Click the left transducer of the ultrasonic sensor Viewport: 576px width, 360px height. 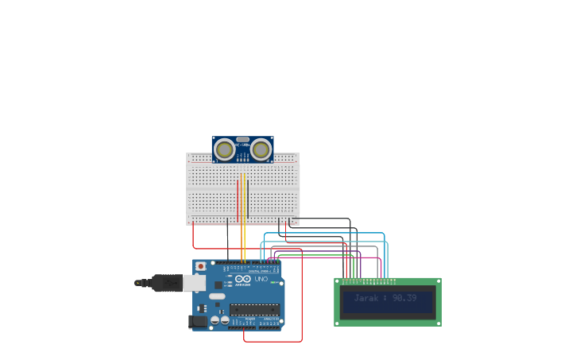coord(225,149)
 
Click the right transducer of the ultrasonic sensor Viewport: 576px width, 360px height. coord(261,149)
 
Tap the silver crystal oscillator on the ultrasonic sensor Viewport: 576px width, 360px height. coord(242,139)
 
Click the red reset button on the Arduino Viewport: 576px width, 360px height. coord(200,266)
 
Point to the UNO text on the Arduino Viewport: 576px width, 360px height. coord(261,279)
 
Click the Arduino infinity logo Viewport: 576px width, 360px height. coord(244,279)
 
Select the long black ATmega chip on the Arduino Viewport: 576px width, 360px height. coord(254,309)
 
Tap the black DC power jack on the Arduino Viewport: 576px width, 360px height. coord(196,321)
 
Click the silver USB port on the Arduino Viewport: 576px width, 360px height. coord(194,282)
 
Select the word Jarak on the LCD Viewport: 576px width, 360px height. coord(366,298)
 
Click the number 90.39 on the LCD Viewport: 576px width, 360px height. coord(404,298)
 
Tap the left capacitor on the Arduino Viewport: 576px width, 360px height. coord(215,320)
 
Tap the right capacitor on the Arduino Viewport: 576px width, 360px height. coord(225,320)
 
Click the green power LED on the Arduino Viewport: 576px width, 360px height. coord(273,282)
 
